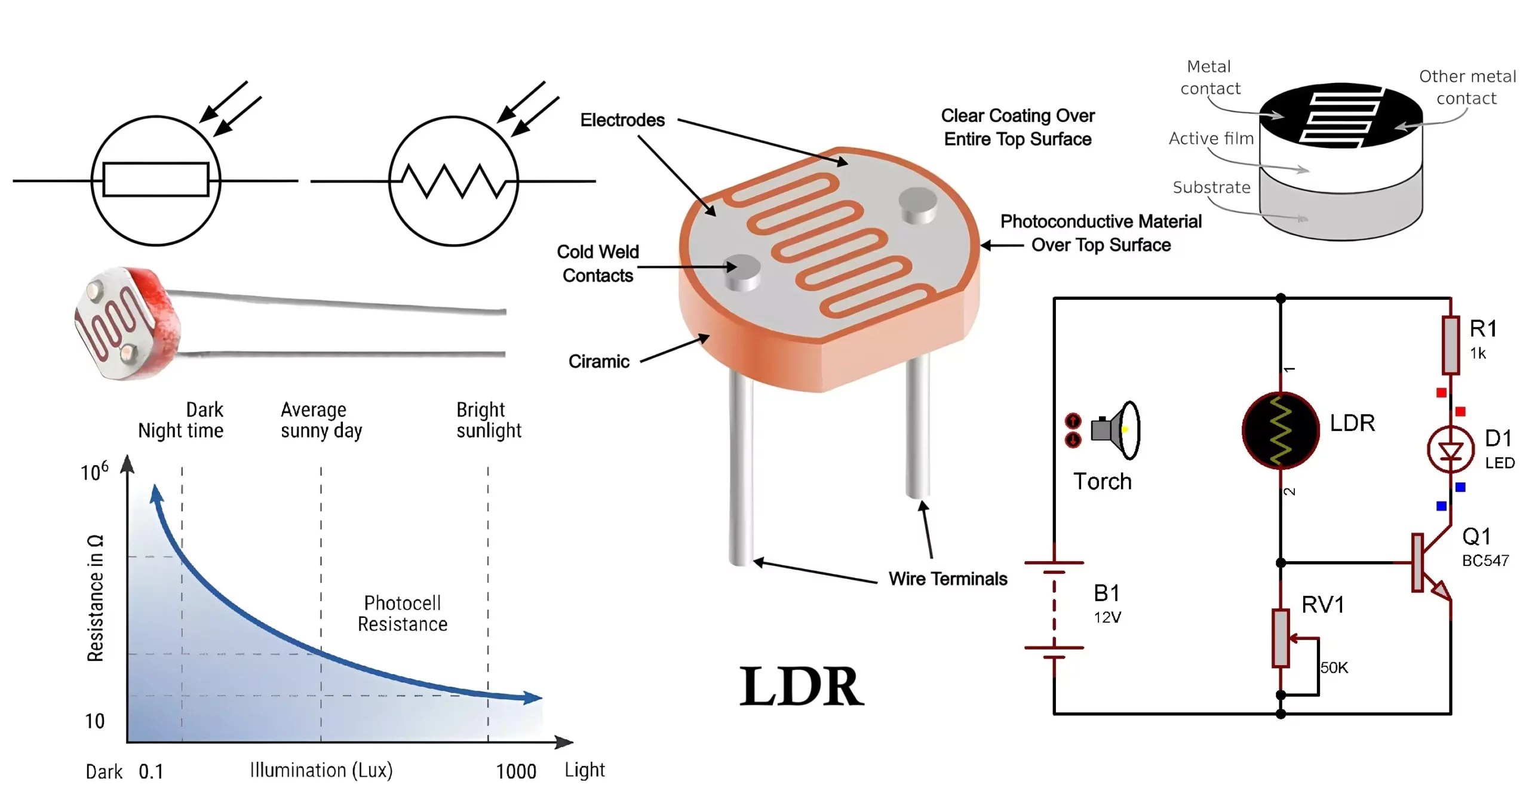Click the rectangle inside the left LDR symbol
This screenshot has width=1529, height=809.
[x=156, y=180]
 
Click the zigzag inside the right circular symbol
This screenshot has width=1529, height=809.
[x=454, y=181]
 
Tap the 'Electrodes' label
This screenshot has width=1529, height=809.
[x=622, y=120]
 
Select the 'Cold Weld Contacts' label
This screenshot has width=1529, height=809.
[x=597, y=263]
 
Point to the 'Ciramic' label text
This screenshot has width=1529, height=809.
[x=598, y=361]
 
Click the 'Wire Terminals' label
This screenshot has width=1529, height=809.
[x=947, y=579]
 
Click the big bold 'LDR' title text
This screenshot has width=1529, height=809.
[x=801, y=687]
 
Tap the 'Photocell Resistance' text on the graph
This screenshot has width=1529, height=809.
[x=403, y=613]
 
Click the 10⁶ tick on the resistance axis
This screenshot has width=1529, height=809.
[x=94, y=472]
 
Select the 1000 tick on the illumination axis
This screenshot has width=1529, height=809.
[x=516, y=771]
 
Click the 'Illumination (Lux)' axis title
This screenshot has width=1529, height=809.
[x=321, y=770]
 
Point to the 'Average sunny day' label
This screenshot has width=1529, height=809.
[x=321, y=420]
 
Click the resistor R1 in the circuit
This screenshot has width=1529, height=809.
[x=1450, y=345]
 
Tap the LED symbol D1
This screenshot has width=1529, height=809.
[x=1450, y=450]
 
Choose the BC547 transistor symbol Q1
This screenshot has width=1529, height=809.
[x=1430, y=563]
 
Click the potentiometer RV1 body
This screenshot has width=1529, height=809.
[x=1281, y=638]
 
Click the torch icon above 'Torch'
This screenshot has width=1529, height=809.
[x=1114, y=430]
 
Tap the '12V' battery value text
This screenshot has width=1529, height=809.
[x=1107, y=617]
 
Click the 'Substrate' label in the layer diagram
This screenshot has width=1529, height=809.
[x=1211, y=187]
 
